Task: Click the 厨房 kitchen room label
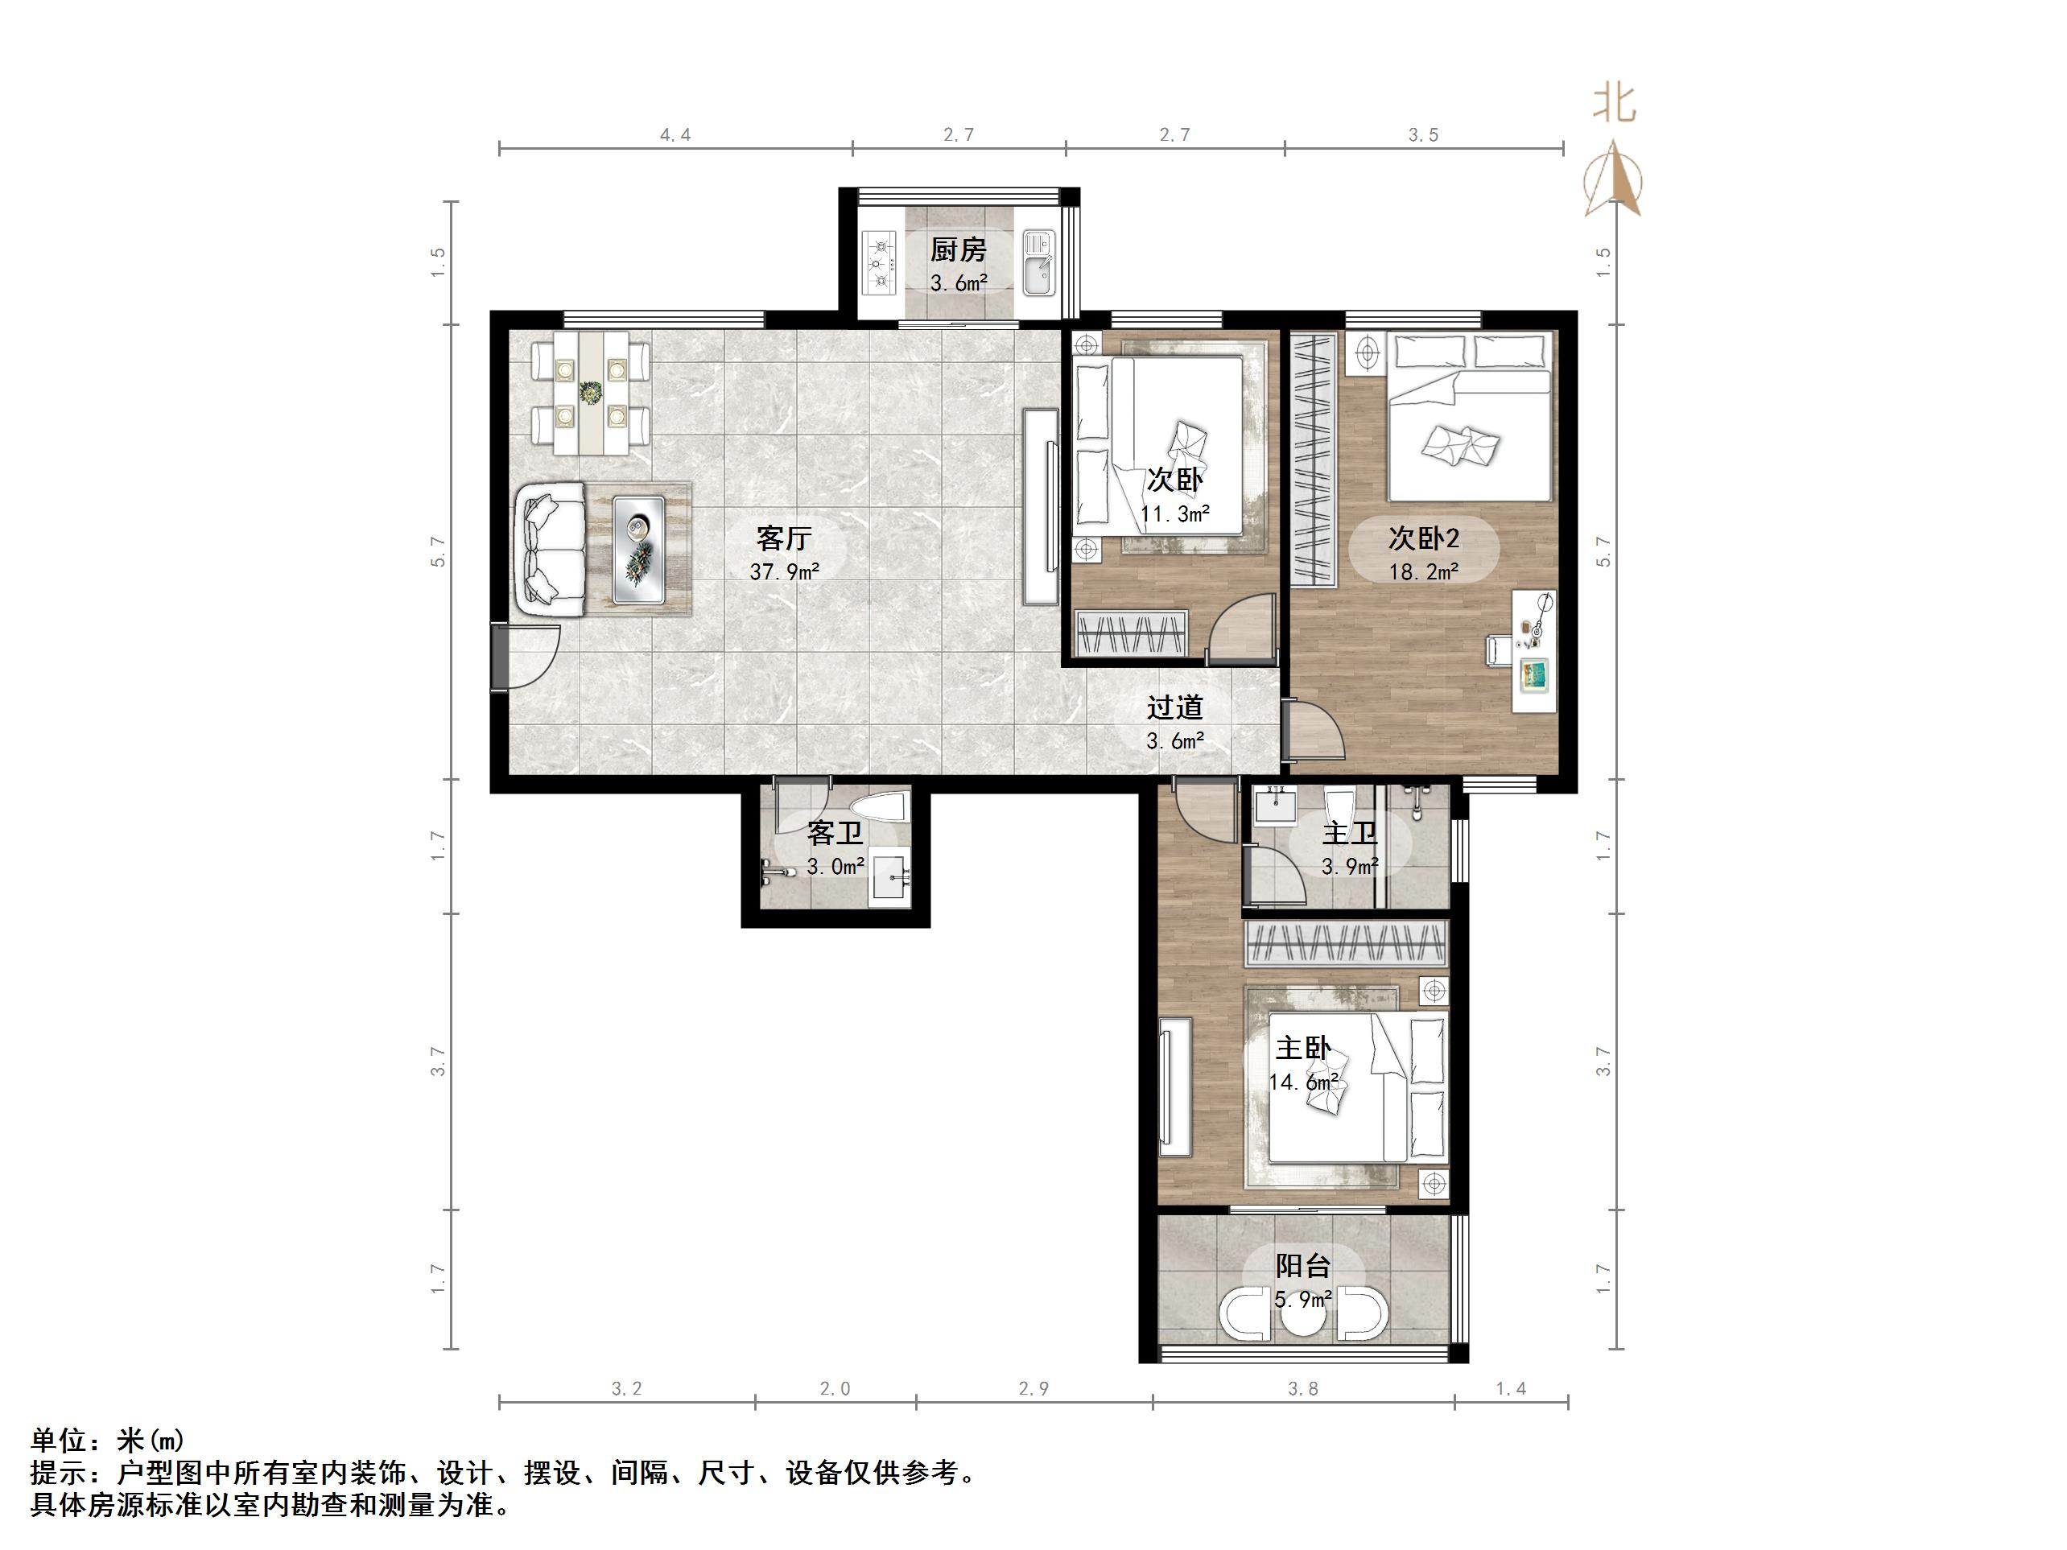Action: (x=958, y=249)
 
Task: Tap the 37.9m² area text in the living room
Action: (x=784, y=571)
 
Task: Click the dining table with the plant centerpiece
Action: (x=590, y=394)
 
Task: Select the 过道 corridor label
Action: (x=1174, y=708)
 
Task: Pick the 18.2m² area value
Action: (x=1423, y=571)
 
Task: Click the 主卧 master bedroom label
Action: (x=1302, y=1049)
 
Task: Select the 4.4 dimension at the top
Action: (x=675, y=135)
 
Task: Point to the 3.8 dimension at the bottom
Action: (x=1302, y=1389)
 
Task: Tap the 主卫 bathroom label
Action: (x=1349, y=832)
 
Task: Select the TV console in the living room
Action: (x=1038, y=506)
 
